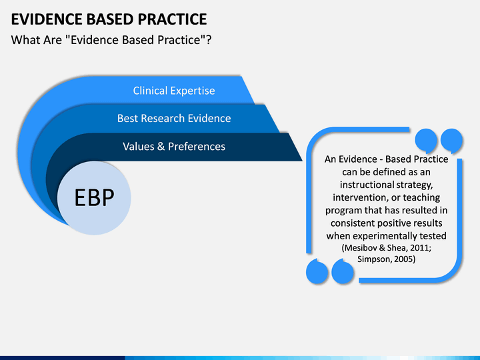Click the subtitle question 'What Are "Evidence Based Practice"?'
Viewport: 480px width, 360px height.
coord(112,39)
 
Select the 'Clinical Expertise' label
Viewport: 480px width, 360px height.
coord(174,91)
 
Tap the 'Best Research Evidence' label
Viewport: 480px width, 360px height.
coord(174,118)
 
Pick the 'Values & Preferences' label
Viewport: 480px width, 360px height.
coord(174,146)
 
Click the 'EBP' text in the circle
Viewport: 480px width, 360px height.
coord(95,197)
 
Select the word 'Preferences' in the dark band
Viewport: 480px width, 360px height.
coord(197,146)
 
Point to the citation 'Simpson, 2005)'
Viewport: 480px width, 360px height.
coord(386,259)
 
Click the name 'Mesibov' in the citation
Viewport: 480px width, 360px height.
coord(361,247)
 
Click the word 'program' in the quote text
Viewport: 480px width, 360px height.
coord(344,211)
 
